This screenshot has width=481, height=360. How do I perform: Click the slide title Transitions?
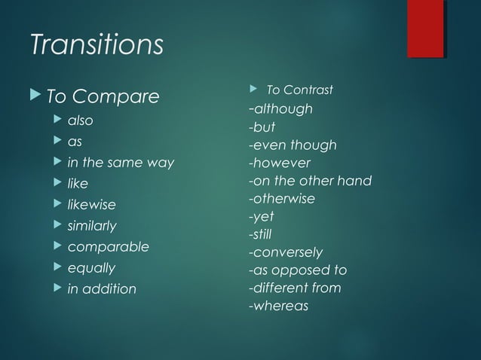tap(96, 45)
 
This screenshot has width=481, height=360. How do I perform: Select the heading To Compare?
tap(103, 97)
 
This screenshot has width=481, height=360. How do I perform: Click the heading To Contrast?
tap(299, 90)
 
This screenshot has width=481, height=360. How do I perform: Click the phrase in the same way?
tap(121, 163)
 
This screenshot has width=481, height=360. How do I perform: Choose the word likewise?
tap(91, 205)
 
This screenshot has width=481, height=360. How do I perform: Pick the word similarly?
tap(92, 226)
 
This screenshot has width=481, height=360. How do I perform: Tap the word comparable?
tap(108, 247)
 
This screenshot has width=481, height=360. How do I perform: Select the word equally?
tap(91, 268)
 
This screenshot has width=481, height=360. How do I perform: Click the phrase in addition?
tap(102, 289)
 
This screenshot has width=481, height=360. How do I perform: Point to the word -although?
tap(280, 109)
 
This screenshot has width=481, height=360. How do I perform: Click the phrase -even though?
tap(293, 145)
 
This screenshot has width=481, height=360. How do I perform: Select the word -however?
tap(279, 163)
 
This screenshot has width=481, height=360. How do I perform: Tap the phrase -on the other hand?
tap(310, 181)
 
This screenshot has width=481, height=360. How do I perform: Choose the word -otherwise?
tap(281, 199)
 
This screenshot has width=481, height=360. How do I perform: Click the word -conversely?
tap(286, 252)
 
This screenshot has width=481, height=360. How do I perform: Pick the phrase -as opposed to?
tap(297, 270)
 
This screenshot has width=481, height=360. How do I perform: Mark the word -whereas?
tap(278, 306)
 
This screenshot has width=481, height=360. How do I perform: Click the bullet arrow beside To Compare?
tap(38, 96)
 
